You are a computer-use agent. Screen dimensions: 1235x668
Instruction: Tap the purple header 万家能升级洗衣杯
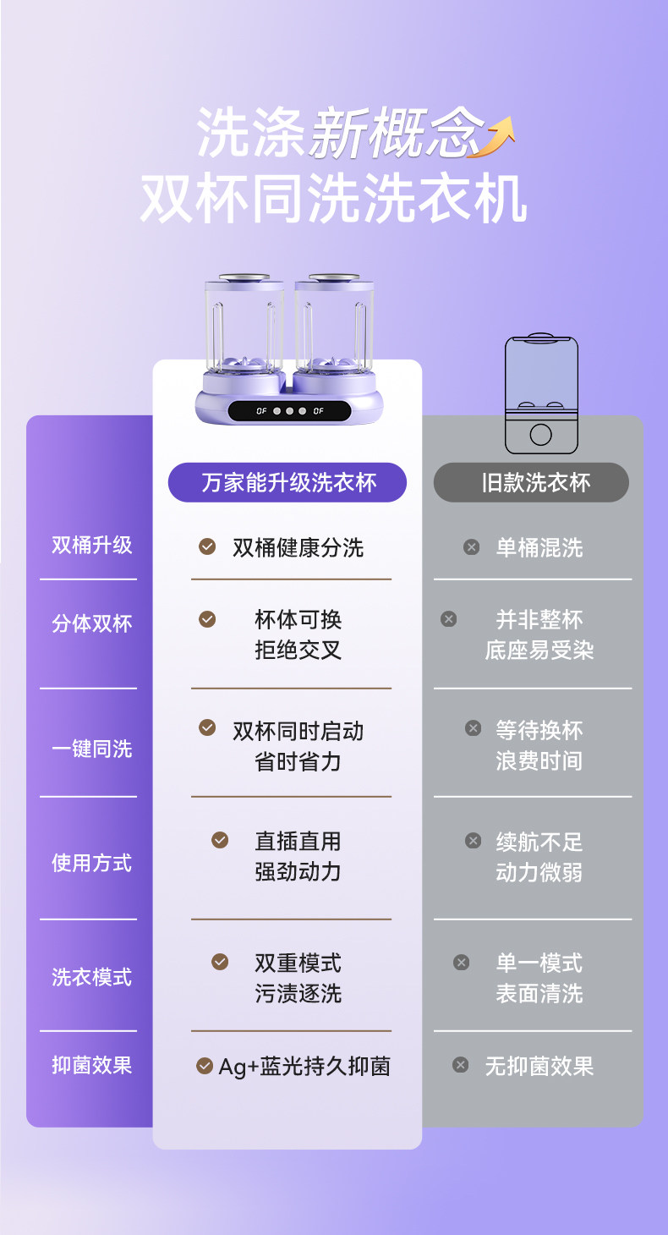pyautogui.click(x=287, y=482)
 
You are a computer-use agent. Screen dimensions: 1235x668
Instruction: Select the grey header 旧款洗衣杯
pyautogui.click(x=531, y=482)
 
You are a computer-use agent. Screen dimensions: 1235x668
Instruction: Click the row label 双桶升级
pyautogui.click(x=91, y=545)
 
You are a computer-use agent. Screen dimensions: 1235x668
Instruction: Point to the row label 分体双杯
pyautogui.click(x=91, y=623)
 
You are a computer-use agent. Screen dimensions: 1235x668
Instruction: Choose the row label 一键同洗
pyautogui.click(x=91, y=749)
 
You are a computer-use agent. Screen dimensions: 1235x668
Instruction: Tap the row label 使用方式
pyautogui.click(x=91, y=863)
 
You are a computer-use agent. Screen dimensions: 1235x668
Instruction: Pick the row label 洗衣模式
pyautogui.click(x=91, y=977)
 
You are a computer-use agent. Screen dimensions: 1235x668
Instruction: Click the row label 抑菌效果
pyautogui.click(x=91, y=1065)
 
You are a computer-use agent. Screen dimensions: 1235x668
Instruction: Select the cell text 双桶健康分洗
pyautogui.click(x=298, y=547)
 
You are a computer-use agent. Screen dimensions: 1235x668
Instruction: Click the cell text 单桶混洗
pyautogui.click(x=539, y=547)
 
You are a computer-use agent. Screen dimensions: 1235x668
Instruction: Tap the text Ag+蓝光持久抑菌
pyautogui.click(x=304, y=1067)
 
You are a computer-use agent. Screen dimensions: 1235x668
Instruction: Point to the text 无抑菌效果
pyautogui.click(x=539, y=1066)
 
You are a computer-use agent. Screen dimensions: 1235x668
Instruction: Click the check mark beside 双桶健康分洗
pyautogui.click(x=207, y=546)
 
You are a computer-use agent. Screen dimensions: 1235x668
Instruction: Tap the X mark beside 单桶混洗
pyautogui.click(x=472, y=547)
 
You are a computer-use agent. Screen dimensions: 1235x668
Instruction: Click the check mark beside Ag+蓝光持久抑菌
pyautogui.click(x=205, y=1066)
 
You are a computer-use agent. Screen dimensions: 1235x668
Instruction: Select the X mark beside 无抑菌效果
pyautogui.click(x=461, y=1065)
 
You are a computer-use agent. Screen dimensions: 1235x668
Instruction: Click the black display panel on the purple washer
pyautogui.click(x=289, y=411)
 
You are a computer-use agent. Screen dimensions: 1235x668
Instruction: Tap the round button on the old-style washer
pyautogui.click(x=541, y=435)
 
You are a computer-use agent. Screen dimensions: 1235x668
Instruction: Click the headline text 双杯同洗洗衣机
pyautogui.click(x=333, y=200)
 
